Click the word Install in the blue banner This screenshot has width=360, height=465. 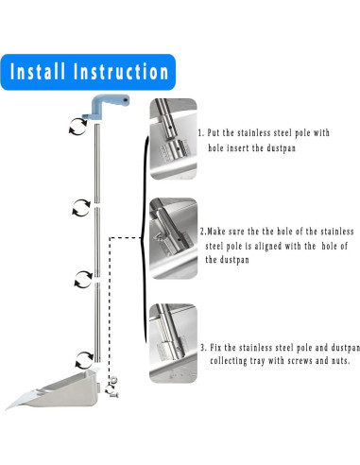tap(38, 72)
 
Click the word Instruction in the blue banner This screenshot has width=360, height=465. tap(121, 72)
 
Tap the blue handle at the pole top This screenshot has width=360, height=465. tap(106, 107)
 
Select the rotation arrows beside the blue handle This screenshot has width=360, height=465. tap(77, 127)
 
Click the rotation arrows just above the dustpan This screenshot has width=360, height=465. tap(84, 360)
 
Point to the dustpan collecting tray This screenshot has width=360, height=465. tap(54, 388)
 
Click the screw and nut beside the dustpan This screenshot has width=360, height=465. tap(112, 387)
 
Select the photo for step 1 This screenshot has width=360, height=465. tap(173, 139)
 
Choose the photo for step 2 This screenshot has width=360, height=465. tap(174, 238)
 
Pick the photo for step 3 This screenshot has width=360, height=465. tap(173, 343)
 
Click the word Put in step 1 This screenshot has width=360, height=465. tap(214, 132)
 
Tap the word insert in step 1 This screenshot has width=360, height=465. tap(238, 147)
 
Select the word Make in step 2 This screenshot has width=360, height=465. tap(217, 232)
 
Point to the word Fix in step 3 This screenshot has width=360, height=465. tap(216, 348)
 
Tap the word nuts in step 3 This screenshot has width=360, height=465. tap(341, 361)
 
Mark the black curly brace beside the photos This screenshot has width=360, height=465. tap(145, 239)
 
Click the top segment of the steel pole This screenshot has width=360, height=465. tap(97, 164)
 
